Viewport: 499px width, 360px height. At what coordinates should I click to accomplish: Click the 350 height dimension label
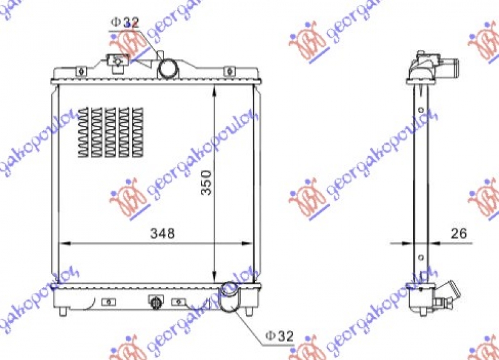point(207,181)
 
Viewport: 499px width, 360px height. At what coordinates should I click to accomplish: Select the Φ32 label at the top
point(125,22)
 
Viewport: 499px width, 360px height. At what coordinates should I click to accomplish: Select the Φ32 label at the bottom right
point(279,336)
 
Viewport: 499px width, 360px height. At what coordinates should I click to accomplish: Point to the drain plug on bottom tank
point(155,303)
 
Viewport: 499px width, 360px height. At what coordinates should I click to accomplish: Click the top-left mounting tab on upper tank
point(80,71)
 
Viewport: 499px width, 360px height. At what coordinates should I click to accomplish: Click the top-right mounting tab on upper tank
point(228,71)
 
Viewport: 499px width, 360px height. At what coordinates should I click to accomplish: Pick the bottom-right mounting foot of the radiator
point(250,311)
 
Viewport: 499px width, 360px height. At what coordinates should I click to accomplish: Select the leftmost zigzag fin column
point(85,132)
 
